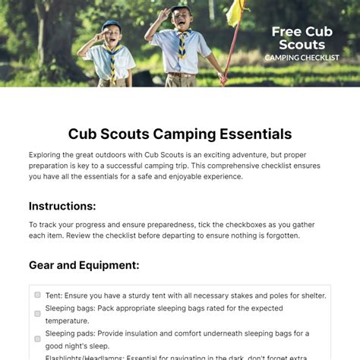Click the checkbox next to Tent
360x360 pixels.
37,295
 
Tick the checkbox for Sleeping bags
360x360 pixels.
37,313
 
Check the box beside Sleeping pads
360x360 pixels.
37,339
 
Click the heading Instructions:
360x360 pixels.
62,206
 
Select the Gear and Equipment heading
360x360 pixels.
84,265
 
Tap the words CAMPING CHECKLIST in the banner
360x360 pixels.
302,58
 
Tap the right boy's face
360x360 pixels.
180,20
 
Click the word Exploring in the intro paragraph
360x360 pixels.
47,154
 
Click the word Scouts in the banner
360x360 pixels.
302,45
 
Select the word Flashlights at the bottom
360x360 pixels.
63,355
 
